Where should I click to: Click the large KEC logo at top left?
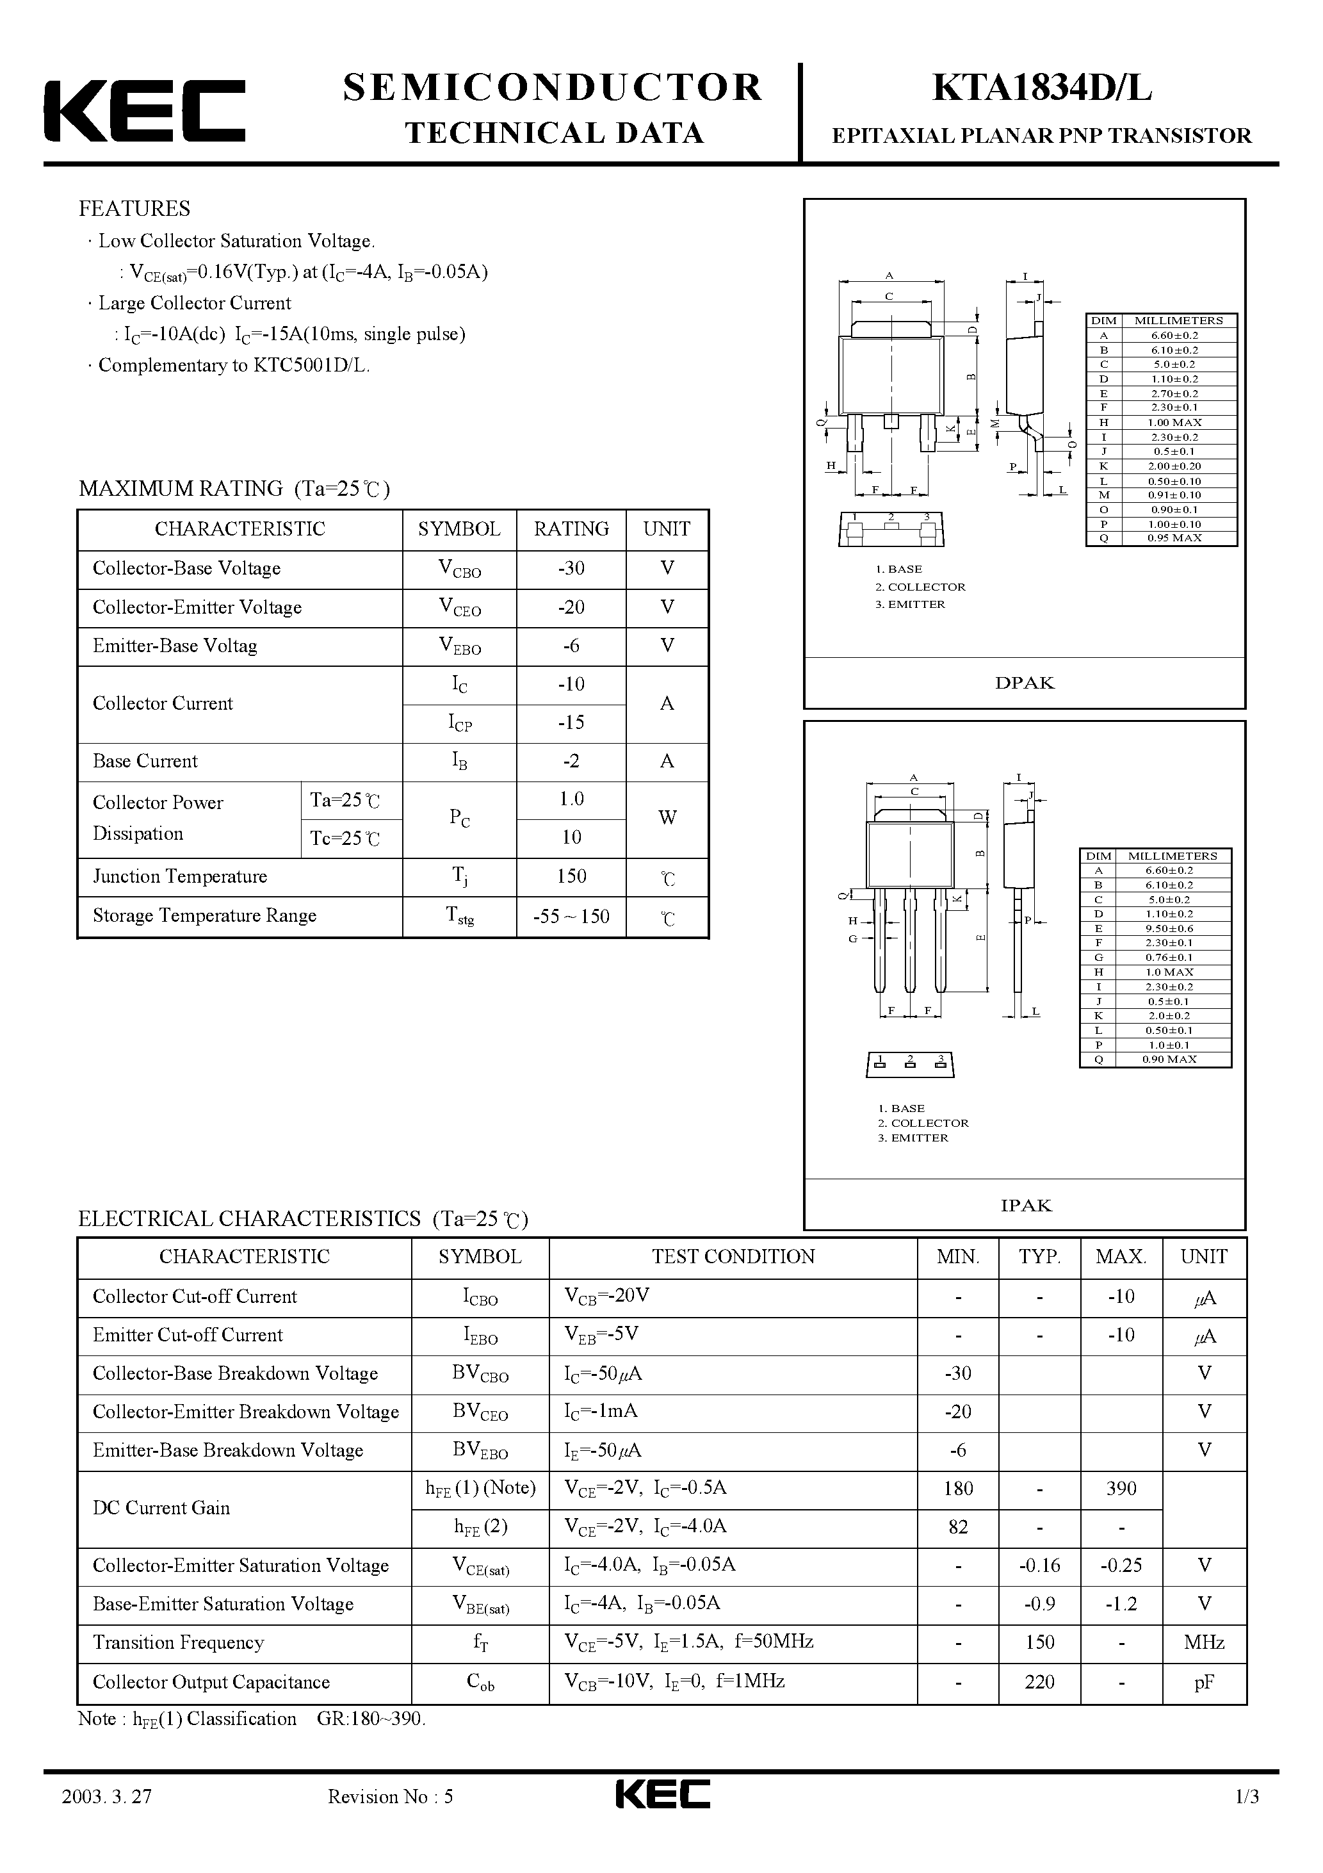144,111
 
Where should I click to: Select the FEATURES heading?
134,209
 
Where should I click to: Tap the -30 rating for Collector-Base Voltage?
571,569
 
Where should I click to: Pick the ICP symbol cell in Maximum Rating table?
460,723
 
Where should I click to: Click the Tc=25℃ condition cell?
345,838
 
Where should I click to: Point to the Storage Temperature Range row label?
205,915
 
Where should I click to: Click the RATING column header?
571,530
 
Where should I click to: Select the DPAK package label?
1025,683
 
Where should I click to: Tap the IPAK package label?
1025,1205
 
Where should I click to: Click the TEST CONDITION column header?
733,1257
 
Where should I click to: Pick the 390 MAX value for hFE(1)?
1121,1489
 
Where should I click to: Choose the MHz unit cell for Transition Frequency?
1204,1642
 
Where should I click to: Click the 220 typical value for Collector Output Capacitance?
1039,1681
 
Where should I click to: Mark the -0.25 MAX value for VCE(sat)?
1121,1566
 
